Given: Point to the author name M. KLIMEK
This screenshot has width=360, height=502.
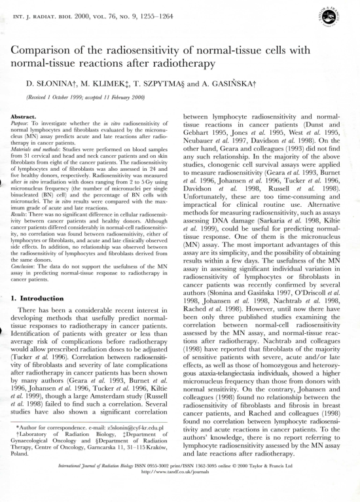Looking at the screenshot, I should [x=102, y=84].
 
